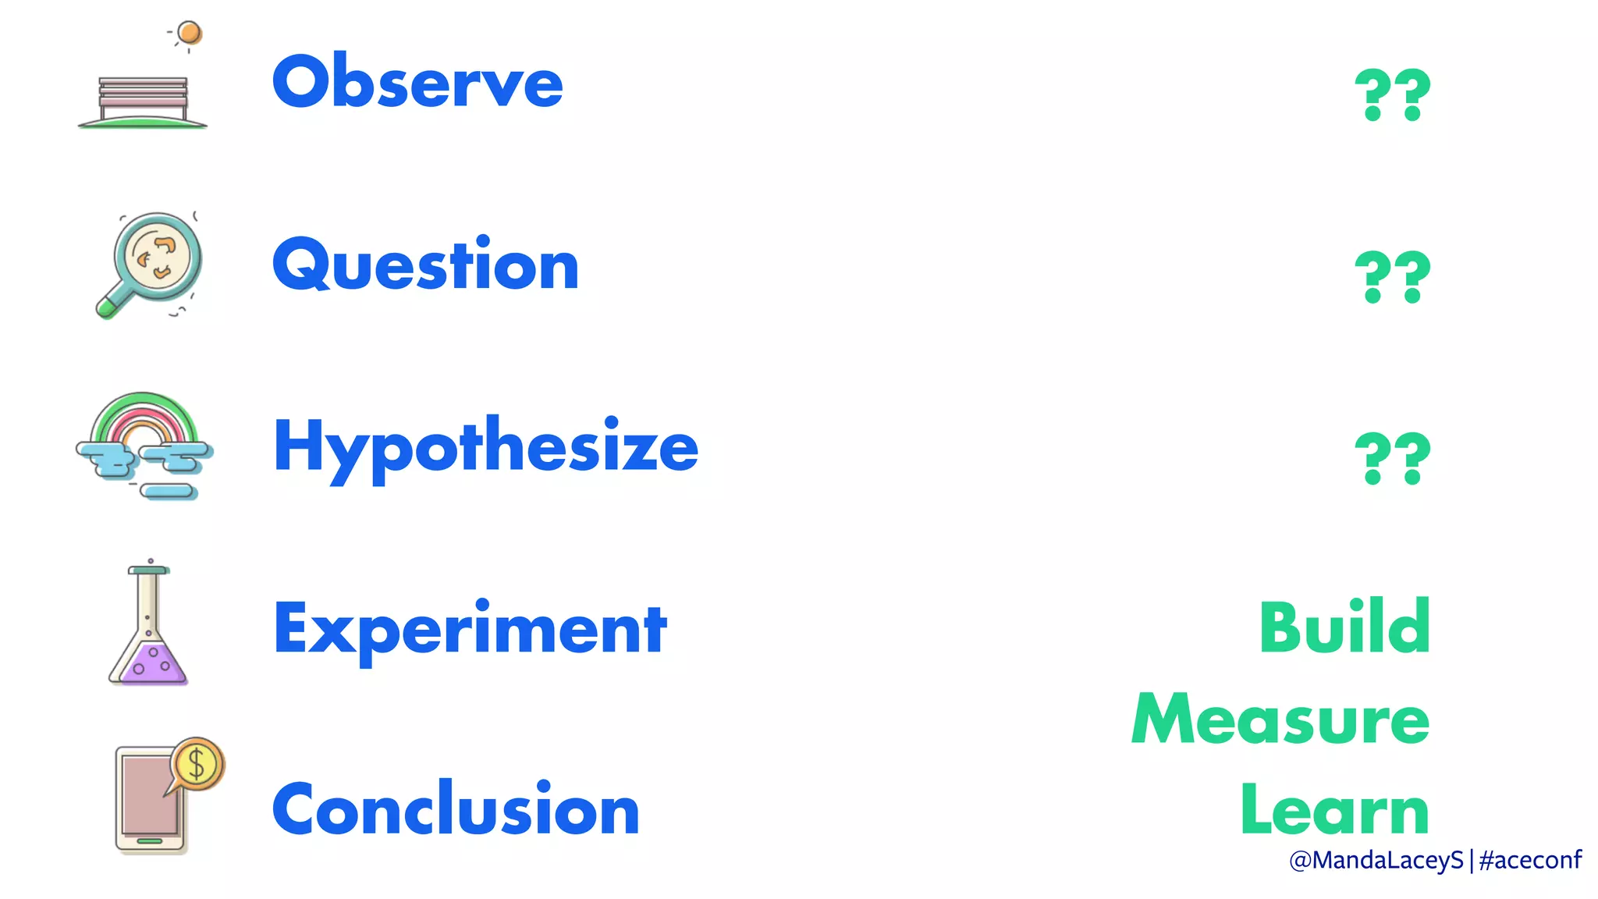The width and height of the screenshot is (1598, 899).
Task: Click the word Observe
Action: coord(417,82)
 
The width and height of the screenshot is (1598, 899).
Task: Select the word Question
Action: coord(425,265)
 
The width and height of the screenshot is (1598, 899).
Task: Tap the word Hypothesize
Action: coord(485,447)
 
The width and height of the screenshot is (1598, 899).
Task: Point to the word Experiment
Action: coord(470,629)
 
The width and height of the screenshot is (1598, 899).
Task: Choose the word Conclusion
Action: coord(456,810)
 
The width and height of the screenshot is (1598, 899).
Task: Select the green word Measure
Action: coord(1280,719)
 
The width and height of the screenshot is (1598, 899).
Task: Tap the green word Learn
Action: coord(1335,810)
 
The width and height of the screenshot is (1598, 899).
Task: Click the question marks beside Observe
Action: coord(1393,95)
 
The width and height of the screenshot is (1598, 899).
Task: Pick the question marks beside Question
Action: coord(1393,277)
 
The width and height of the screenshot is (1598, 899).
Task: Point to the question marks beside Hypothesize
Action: coord(1393,459)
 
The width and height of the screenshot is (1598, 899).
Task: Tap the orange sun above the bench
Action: coord(189,33)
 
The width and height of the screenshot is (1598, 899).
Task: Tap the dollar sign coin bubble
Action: coord(197,763)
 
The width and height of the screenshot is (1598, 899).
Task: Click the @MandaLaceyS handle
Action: coord(1376,860)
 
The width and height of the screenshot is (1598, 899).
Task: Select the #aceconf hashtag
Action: coord(1530,860)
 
